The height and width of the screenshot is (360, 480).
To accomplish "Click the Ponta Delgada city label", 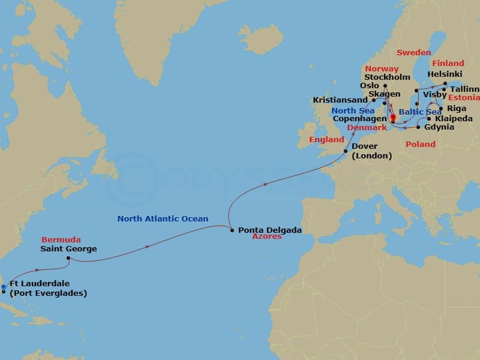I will pos(269,229).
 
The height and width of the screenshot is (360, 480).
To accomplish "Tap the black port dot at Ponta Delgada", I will pos(232,229).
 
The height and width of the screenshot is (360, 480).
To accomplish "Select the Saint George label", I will pos(68,248).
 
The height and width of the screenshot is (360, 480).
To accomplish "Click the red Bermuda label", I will pos(61,240).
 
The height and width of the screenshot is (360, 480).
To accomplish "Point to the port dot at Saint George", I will pos(68,259).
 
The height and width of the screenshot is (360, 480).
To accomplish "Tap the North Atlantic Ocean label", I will pos(163,219).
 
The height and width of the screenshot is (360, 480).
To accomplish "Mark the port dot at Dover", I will pos(346,151).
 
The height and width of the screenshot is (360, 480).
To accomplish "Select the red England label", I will pos(326,139).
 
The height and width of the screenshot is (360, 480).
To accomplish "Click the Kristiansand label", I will pos(340,100).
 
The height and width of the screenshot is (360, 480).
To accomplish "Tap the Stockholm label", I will pos(387,77).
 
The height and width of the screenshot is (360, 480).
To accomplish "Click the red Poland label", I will pos(421,145).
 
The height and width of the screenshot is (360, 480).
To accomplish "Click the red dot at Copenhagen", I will pos(393,117).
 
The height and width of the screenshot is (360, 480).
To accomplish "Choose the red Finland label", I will pos(448,63).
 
